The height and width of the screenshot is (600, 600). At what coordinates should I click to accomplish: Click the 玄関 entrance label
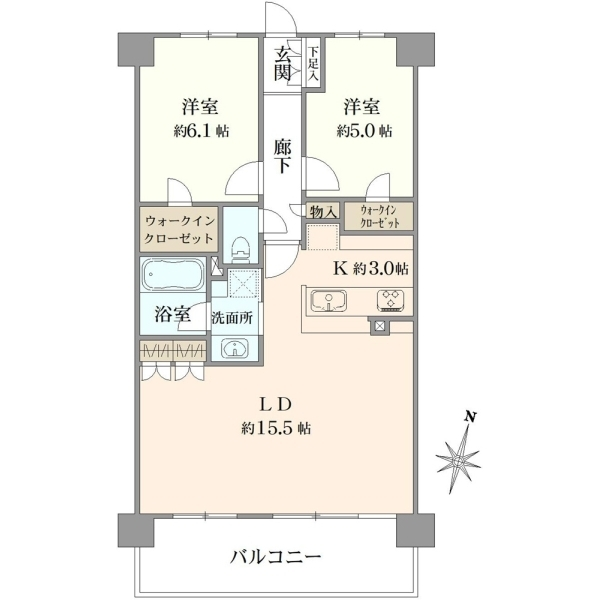click(282, 64)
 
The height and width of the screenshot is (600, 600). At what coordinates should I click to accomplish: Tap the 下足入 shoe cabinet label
click(314, 63)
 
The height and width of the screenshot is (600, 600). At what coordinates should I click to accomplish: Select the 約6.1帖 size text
click(201, 131)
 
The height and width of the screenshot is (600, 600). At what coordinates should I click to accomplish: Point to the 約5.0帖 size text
click(364, 131)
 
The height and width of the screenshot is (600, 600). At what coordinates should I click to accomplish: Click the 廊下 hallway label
click(282, 157)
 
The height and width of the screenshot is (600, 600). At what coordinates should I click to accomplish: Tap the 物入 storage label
click(324, 211)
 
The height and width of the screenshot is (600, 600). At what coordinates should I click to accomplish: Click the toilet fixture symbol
click(241, 249)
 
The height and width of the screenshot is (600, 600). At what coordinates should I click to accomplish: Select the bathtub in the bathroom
click(173, 274)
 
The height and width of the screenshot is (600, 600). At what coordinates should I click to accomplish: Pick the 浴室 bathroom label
click(173, 315)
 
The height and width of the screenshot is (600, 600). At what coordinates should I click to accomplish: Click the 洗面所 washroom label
click(232, 318)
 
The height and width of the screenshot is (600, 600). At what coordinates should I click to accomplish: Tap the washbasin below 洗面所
click(234, 348)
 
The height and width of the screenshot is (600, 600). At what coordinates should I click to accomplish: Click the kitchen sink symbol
click(329, 301)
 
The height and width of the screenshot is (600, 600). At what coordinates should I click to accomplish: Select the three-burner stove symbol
click(390, 299)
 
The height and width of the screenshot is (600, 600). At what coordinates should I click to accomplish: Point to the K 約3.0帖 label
click(372, 269)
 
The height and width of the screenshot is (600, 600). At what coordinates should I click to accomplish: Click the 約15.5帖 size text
click(276, 428)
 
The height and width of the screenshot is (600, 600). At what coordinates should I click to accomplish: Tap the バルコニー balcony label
click(276, 557)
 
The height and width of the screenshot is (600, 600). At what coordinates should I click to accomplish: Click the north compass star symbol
click(458, 460)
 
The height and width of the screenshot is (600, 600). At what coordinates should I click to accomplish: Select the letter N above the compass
click(470, 416)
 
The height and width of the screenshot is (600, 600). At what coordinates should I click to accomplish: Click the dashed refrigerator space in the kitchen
click(323, 237)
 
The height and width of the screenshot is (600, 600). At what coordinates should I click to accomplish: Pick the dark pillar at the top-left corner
click(135, 49)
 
